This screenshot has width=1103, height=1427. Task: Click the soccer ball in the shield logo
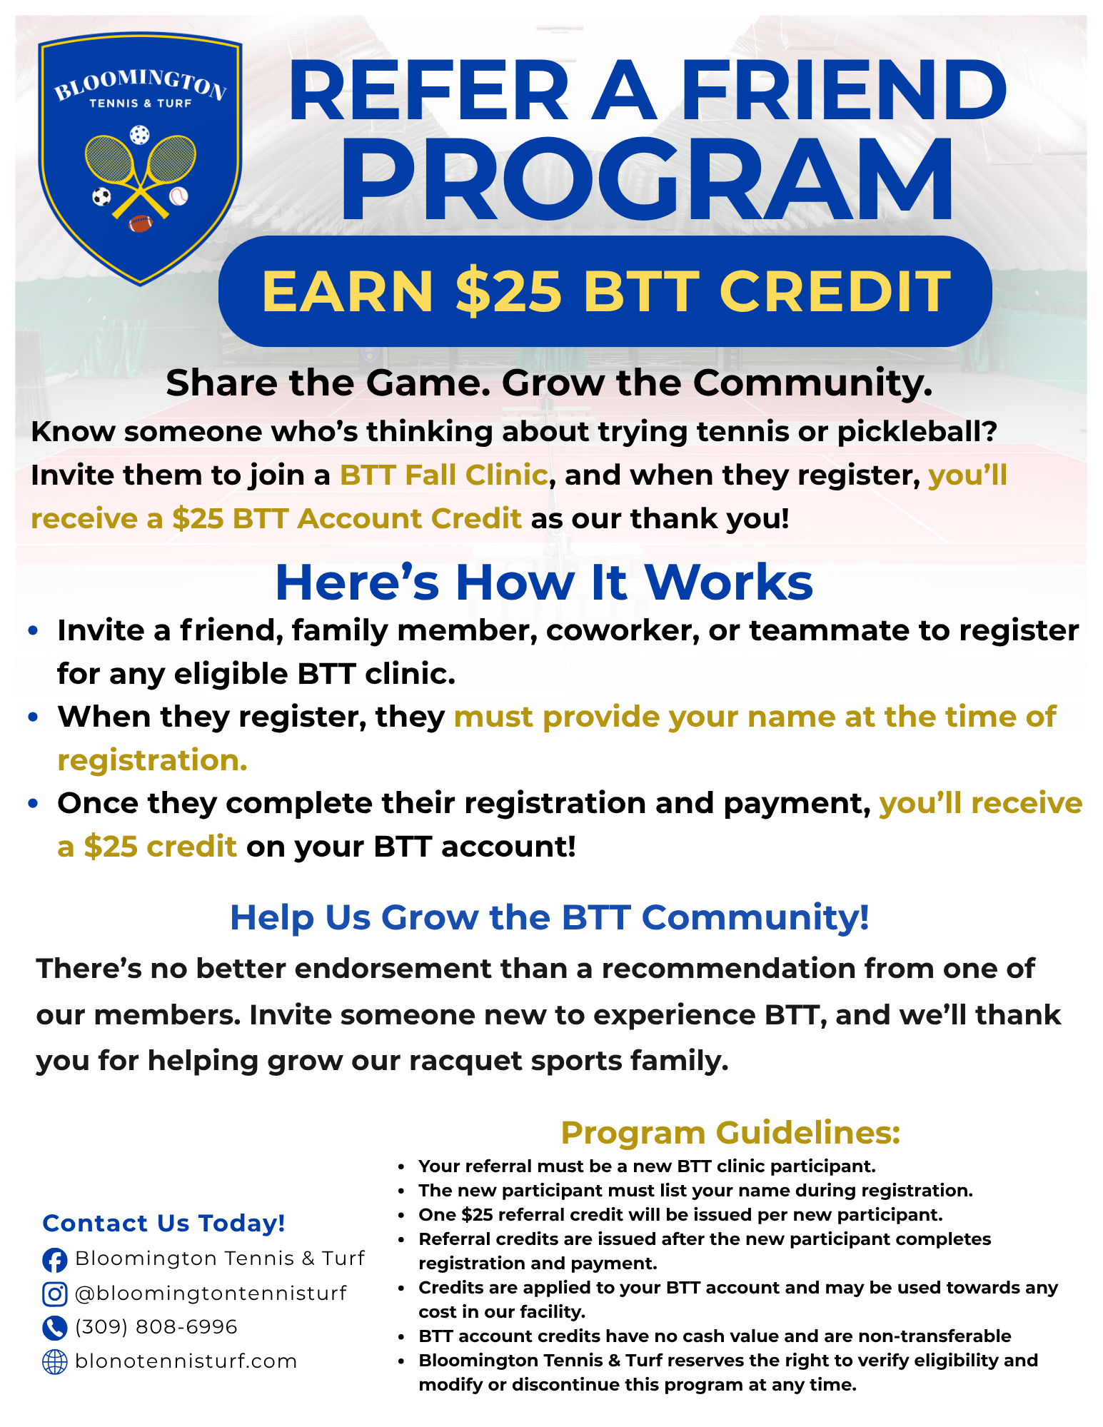102,196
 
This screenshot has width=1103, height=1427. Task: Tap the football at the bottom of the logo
141,223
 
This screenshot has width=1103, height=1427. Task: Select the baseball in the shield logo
178,196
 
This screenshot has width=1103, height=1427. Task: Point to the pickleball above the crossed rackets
140,135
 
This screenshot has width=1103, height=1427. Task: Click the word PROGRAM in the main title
647,179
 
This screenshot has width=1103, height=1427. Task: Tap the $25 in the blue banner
508,292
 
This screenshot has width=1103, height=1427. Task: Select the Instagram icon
55,1294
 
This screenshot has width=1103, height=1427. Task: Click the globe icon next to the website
55,1362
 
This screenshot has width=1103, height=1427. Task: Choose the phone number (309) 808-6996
156,1327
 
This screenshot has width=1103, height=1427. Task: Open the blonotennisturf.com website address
186,1361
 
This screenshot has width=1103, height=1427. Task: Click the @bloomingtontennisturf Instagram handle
211,1294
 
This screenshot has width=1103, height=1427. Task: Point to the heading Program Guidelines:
730,1133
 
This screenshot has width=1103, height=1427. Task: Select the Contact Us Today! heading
164,1224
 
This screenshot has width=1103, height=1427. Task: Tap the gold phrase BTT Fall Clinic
444,475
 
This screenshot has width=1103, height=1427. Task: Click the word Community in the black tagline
812,384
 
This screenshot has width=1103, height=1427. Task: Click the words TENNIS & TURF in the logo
141,104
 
